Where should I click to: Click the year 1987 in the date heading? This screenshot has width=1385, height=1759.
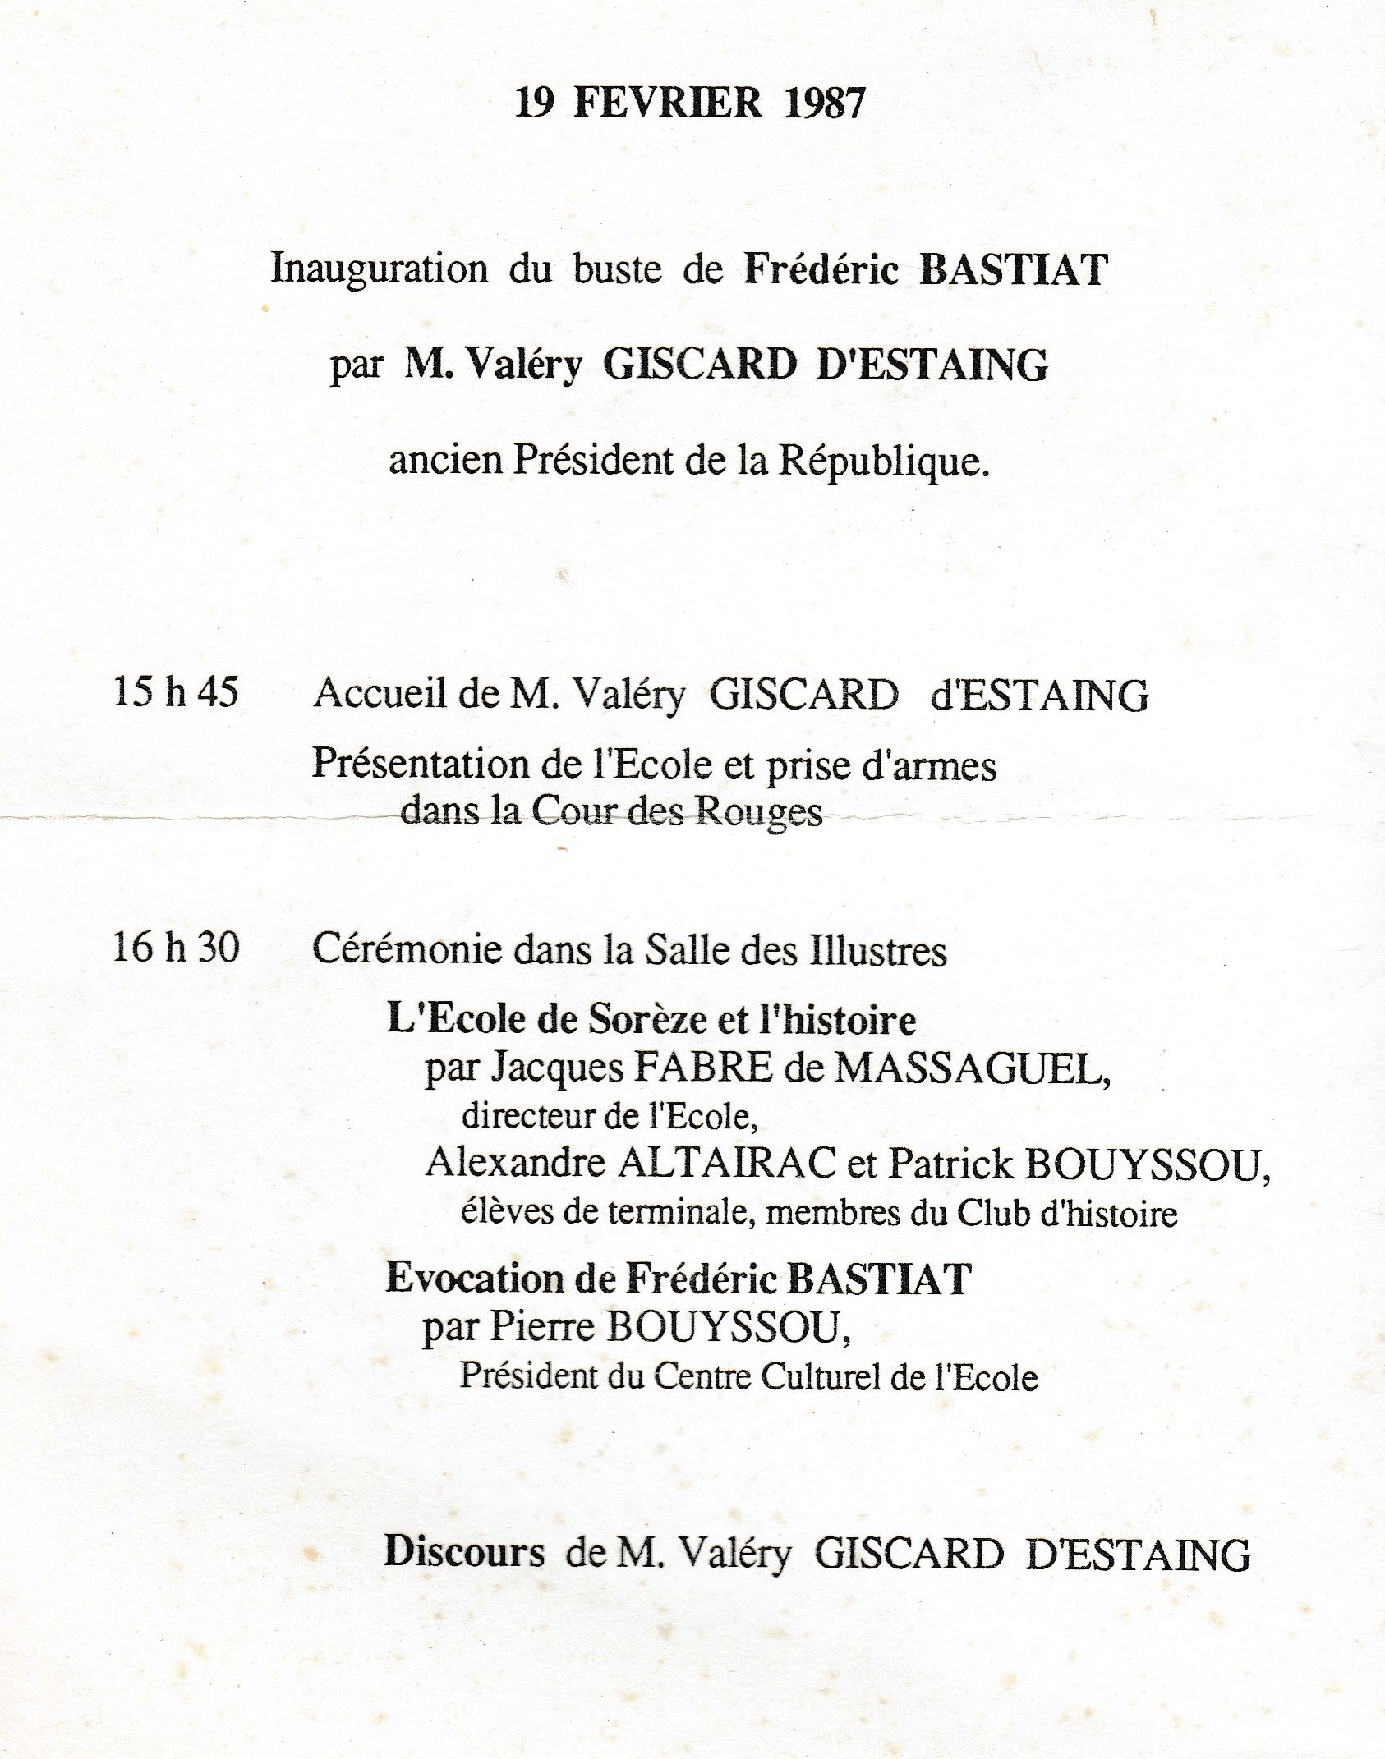(x=824, y=103)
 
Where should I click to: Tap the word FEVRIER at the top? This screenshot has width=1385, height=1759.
(x=668, y=103)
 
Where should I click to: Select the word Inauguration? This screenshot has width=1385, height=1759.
(x=380, y=269)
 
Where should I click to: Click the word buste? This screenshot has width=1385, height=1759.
(x=617, y=269)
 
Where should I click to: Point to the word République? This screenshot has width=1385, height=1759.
(x=884, y=462)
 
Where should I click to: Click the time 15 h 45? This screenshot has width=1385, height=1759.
(x=176, y=691)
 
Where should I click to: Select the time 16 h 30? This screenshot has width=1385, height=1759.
(x=176, y=948)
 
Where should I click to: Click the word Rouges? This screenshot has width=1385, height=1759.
(x=758, y=813)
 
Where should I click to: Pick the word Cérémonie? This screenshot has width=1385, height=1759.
(x=407, y=950)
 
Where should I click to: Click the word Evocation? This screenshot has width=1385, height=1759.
(x=477, y=1279)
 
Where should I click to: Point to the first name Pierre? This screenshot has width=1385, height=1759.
(x=541, y=1327)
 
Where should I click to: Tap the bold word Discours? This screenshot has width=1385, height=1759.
(x=464, y=1553)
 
